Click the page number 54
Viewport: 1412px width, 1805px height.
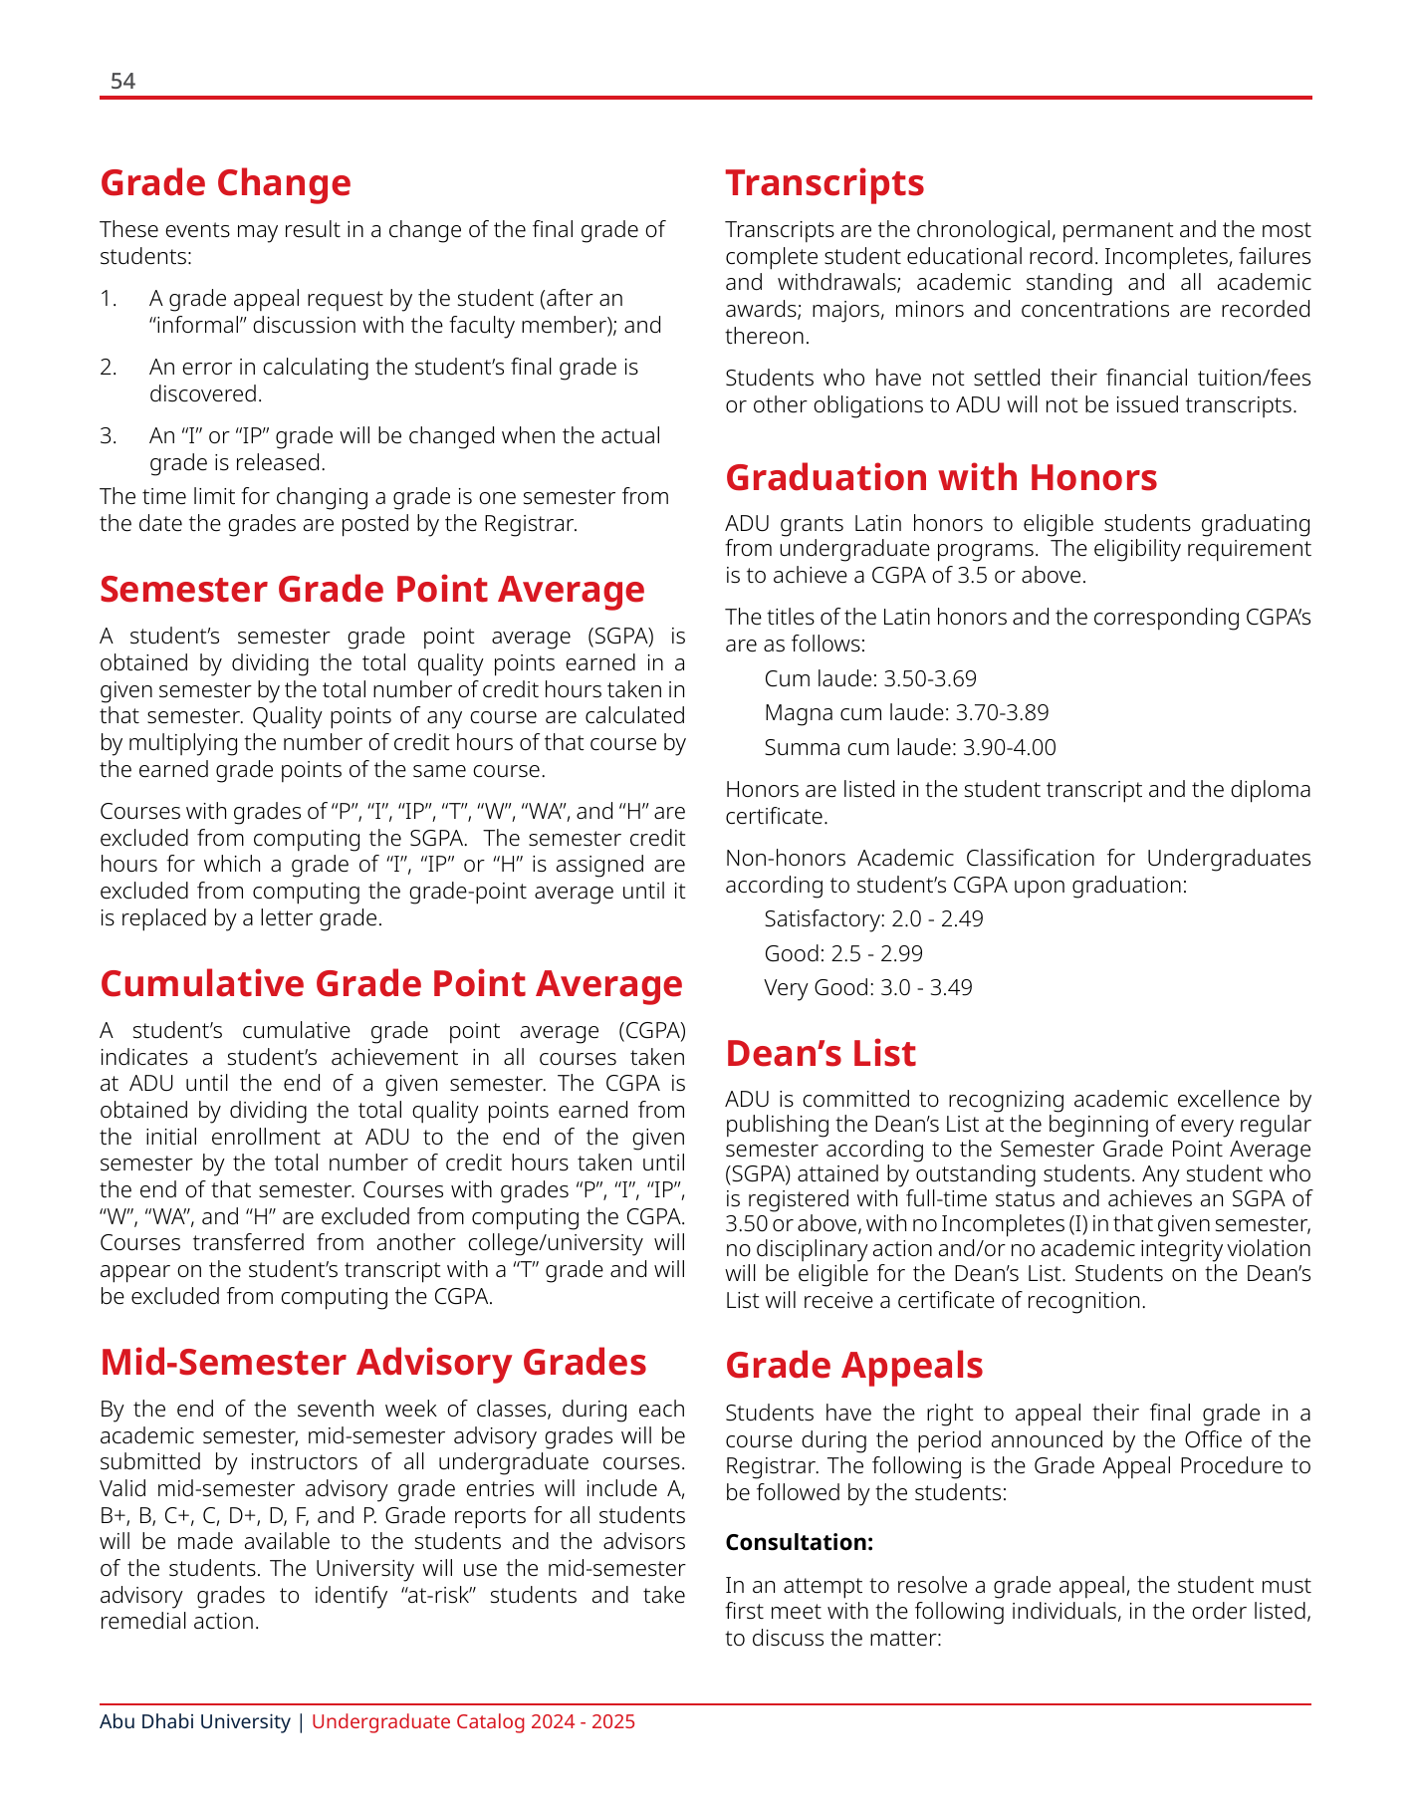click(122, 82)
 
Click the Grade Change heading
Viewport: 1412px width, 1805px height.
click(226, 183)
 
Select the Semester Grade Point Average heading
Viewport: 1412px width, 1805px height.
click(372, 589)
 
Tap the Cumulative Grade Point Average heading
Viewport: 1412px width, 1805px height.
click(391, 983)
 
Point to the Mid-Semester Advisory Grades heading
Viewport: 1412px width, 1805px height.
click(373, 1362)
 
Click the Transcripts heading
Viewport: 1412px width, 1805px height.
click(824, 183)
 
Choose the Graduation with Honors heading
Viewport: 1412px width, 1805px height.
click(941, 478)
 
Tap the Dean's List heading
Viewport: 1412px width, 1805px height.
click(821, 1054)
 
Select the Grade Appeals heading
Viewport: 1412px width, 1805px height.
click(854, 1366)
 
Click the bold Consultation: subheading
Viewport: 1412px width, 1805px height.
click(800, 1542)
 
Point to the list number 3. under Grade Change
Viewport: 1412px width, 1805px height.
click(109, 436)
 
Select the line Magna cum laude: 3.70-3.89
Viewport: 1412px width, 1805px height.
click(906, 713)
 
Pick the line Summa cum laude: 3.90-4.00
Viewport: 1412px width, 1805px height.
click(910, 747)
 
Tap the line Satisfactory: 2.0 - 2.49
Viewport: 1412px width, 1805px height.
click(873, 918)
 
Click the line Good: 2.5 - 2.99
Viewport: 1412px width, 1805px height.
click(843, 953)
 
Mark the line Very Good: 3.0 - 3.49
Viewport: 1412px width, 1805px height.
click(868, 987)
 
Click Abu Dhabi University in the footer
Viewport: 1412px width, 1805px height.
click(195, 1721)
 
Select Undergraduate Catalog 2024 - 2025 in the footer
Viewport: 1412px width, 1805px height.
click(473, 1721)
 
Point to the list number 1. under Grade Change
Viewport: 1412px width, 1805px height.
click(109, 298)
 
